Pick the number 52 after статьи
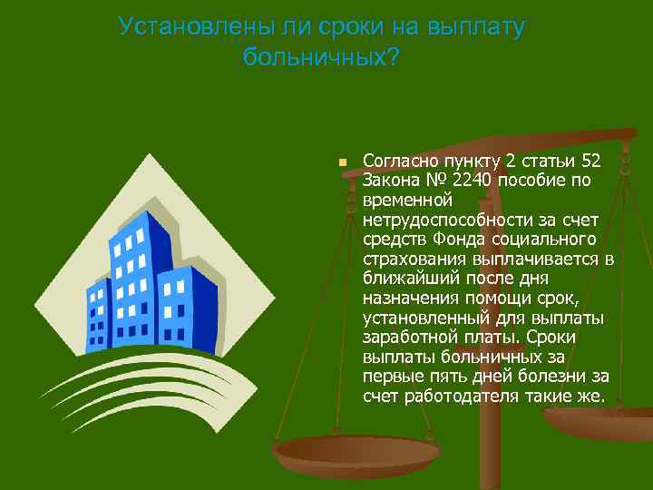click(x=590, y=161)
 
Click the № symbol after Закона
click(x=434, y=181)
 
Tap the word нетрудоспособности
click(x=450, y=220)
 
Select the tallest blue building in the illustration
click(x=136, y=263)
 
